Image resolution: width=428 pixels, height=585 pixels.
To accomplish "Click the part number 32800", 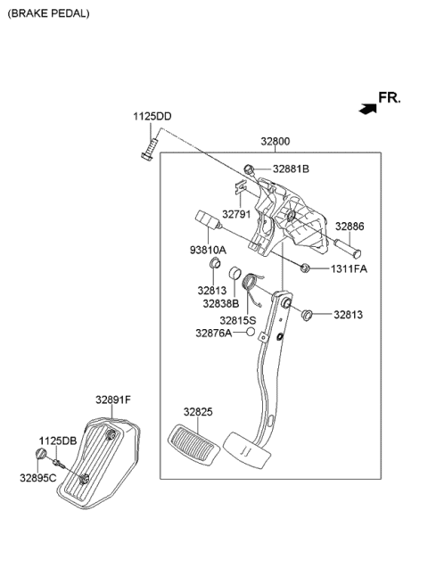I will pos(275,141).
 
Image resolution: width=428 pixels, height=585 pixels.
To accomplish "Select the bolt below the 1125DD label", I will pos(150,145).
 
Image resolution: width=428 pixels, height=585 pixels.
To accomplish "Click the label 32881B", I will pos(291,169).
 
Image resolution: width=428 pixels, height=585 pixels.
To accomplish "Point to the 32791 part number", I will pos(237,214).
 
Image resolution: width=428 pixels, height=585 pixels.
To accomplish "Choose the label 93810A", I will pos(209,250).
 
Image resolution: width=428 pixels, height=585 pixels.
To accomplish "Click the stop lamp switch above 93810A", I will pos(205,221).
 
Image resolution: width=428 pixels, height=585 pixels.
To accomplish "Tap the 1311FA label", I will pos(348,268).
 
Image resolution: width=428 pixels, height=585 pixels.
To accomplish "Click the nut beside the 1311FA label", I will pos(306,268).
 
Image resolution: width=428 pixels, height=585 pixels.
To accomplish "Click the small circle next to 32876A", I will pos(251,333).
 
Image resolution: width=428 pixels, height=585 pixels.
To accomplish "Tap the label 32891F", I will pos(113,401).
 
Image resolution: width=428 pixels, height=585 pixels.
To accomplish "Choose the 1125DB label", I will pos(57,441).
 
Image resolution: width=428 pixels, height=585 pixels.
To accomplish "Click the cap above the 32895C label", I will pos(40,456).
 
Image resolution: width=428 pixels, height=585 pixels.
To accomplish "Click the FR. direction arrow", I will pos(366,108).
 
